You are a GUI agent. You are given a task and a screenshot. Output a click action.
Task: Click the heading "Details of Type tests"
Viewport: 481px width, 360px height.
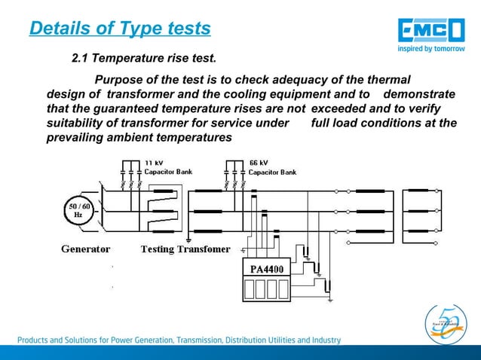(x=119, y=29)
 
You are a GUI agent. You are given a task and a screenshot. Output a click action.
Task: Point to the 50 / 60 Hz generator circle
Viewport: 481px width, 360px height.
(x=77, y=210)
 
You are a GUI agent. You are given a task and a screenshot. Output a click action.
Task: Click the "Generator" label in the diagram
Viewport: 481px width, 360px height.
(x=85, y=249)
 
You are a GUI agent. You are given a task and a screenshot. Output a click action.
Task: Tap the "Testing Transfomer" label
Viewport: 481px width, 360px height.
(x=185, y=249)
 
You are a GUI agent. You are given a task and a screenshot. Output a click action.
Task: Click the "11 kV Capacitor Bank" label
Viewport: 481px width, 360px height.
(x=168, y=167)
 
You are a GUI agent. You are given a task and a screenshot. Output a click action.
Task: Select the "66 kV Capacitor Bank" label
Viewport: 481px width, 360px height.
(x=272, y=167)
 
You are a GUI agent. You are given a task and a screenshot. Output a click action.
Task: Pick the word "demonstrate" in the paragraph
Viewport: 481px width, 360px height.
(x=419, y=94)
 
